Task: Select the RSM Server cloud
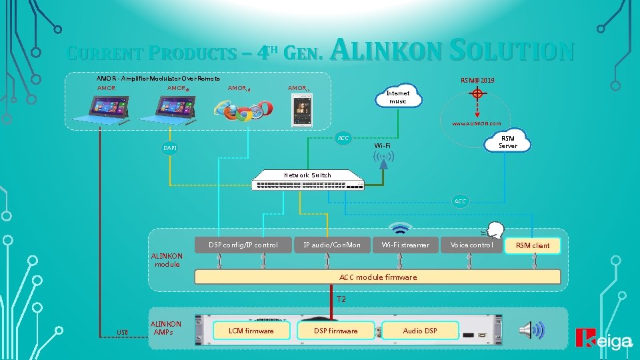(507, 142)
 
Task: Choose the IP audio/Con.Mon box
(331, 245)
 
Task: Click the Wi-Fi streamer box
(405, 245)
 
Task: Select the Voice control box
(471, 245)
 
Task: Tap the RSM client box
(533, 245)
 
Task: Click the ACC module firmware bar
(377, 277)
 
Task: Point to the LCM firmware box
(251, 331)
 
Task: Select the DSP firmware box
(335, 331)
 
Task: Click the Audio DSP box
(420, 331)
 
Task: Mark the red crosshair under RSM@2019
(477, 94)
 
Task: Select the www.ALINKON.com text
(476, 124)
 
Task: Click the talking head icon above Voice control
(494, 229)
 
